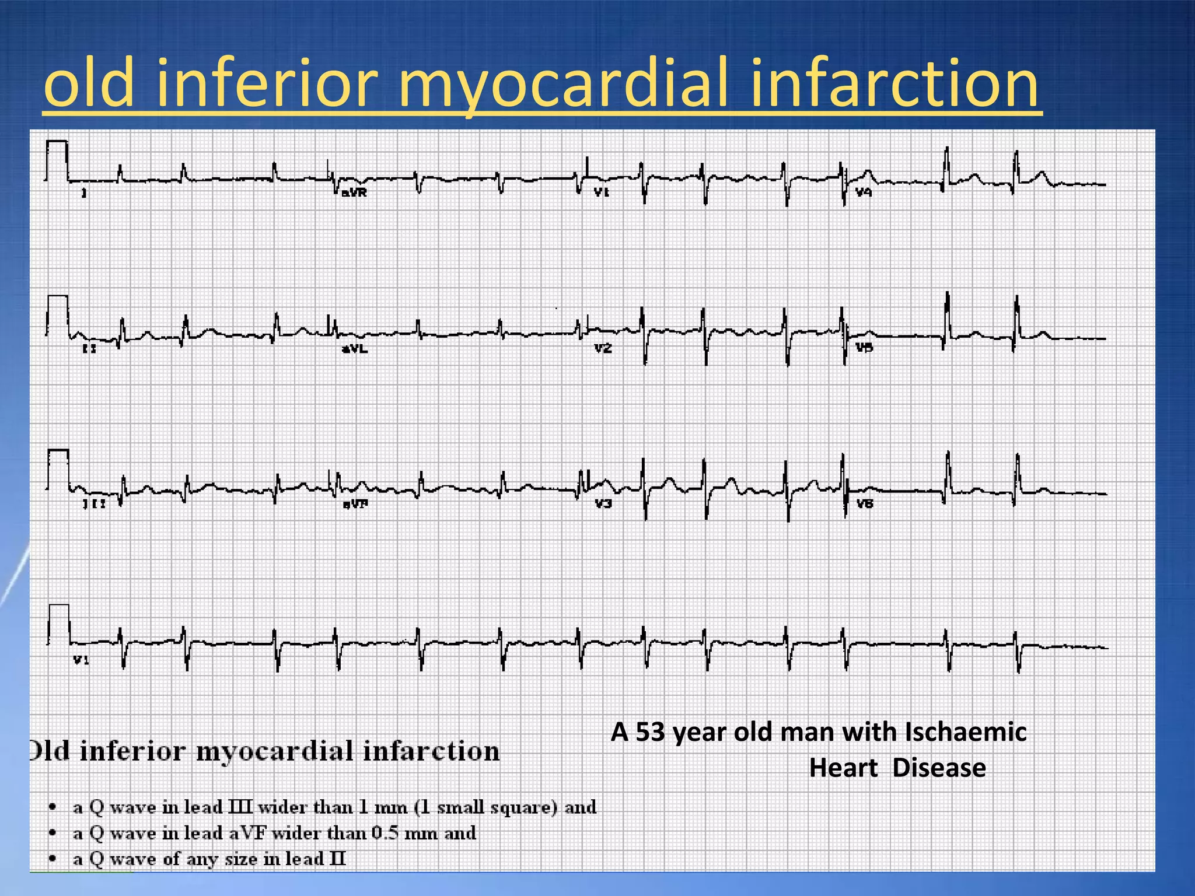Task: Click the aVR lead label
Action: [354, 192]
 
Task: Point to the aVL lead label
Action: [355, 349]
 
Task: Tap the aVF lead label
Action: [355, 504]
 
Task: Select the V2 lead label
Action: [603, 348]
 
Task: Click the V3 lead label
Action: [603, 503]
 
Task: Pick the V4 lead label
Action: [864, 192]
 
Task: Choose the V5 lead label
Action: [864, 348]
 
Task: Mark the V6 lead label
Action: [865, 503]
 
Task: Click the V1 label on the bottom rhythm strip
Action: [81, 660]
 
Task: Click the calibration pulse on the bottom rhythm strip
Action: [58, 624]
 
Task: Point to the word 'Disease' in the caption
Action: [939, 768]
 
